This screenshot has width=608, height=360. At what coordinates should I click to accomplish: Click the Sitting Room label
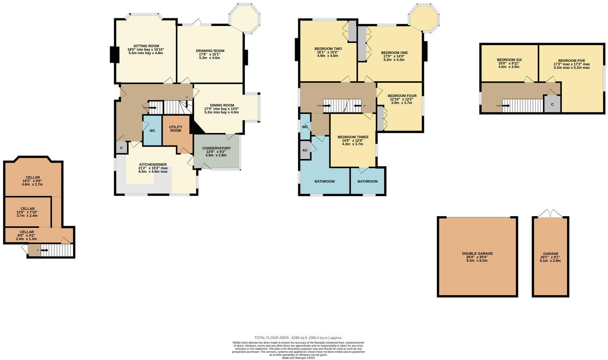click(146, 46)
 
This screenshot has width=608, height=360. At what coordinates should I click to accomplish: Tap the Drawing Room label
click(210, 51)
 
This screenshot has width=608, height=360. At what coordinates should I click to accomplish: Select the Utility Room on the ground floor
click(176, 129)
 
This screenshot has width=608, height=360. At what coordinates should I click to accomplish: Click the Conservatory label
click(216, 148)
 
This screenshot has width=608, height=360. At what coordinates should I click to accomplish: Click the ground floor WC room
click(152, 131)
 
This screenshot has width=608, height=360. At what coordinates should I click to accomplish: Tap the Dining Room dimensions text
click(221, 110)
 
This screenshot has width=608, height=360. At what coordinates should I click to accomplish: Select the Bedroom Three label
click(353, 137)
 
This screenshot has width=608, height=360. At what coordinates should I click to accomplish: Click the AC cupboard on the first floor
click(305, 150)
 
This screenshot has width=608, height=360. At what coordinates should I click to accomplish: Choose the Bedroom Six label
click(509, 59)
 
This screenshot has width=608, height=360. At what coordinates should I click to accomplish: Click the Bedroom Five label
click(571, 61)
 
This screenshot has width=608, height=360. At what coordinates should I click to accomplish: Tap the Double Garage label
click(477, 254)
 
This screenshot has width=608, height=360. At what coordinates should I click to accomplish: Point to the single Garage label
click(551, 254)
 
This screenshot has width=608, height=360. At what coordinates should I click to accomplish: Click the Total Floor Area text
click(298, 338)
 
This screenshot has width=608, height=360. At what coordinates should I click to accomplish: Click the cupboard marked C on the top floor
click(552, 104)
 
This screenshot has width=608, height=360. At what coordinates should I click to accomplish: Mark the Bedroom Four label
click(402, 96)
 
